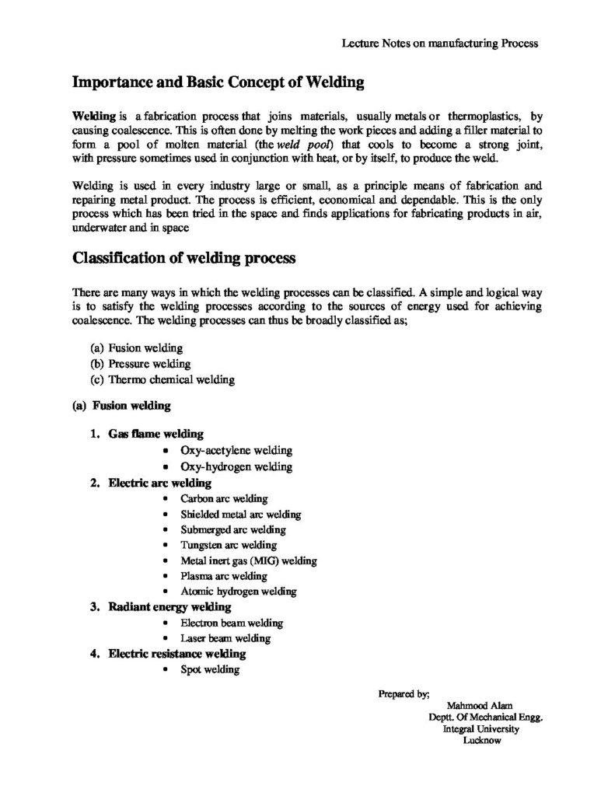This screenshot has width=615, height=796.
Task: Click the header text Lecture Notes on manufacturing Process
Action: (x=440, y=44)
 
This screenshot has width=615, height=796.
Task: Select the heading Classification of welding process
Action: (x=183, y=258)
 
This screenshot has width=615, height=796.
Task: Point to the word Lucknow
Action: (x=481, y=741)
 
